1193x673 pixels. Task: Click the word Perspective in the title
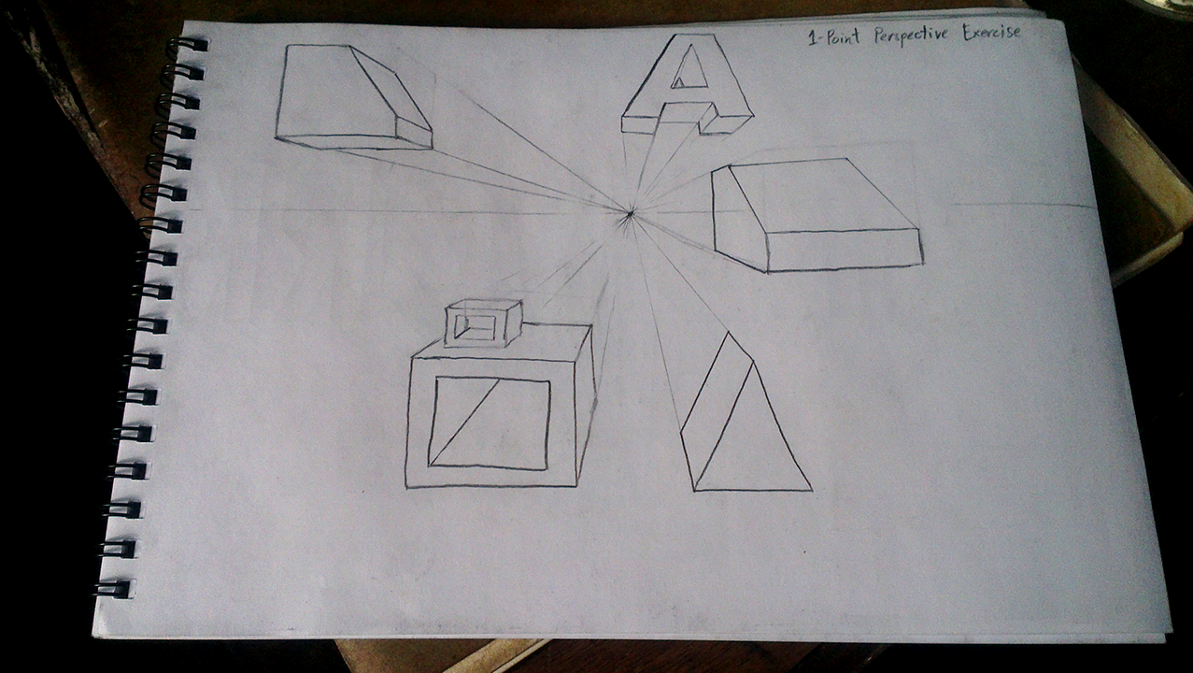click(x=911, y=36)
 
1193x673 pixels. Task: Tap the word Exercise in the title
click(x=992, y=33)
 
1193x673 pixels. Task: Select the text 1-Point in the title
click(x=834, y=37)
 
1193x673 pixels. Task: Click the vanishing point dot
click(x=630, y=214)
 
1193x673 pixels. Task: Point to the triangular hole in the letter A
click(x=690, y=70)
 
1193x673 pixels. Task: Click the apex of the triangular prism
click(x=728, y=333)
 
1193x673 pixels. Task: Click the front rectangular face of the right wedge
click(x=845, y=251)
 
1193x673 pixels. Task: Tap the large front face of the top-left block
click(x=335, y=91)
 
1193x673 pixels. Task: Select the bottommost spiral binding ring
click(x=113, y=589)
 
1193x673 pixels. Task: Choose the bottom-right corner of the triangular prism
click(x=812, y=490)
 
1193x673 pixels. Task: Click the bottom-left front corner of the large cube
click(x=405, y=487)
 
